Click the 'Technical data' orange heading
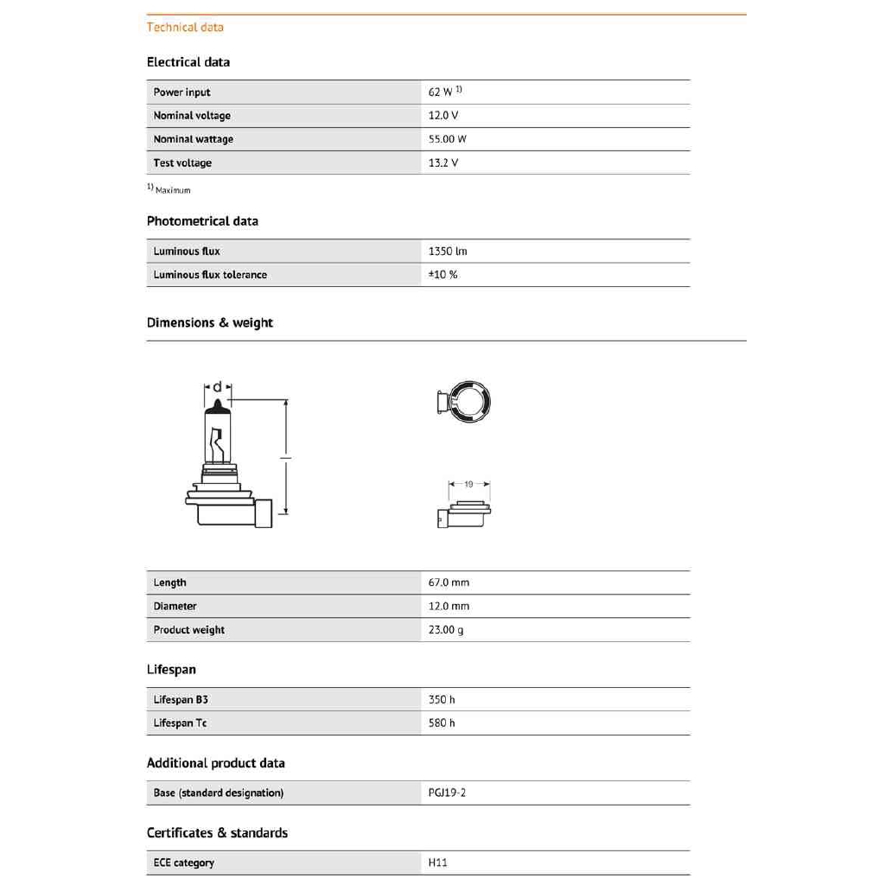[x=185, y=27]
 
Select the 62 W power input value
[x=441, y=92]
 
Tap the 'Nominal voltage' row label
[x=192, y=116]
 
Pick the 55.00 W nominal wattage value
[x=448, y=139]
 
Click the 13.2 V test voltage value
[x=443, y=162]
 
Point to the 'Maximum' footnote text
[x=173, y=190]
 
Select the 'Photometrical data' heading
[x=202, y=221]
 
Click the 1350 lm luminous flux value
[x=448, y=251]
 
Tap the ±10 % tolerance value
[x=443, y=275]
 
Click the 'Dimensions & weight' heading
[x=210, y=322]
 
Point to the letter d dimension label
[x=217, y=385]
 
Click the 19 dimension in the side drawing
[x=468, y=485]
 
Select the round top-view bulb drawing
[x=467, y=403]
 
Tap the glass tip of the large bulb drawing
[x=217, y=405]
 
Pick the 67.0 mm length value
[x=449, y=583]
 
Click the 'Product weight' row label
[x=189, y=630]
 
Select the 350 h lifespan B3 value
[x=442, y=699]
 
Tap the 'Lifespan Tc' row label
[x=181, y=723]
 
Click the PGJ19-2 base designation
[x=447, y=793]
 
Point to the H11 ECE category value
[x=438, y=863]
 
